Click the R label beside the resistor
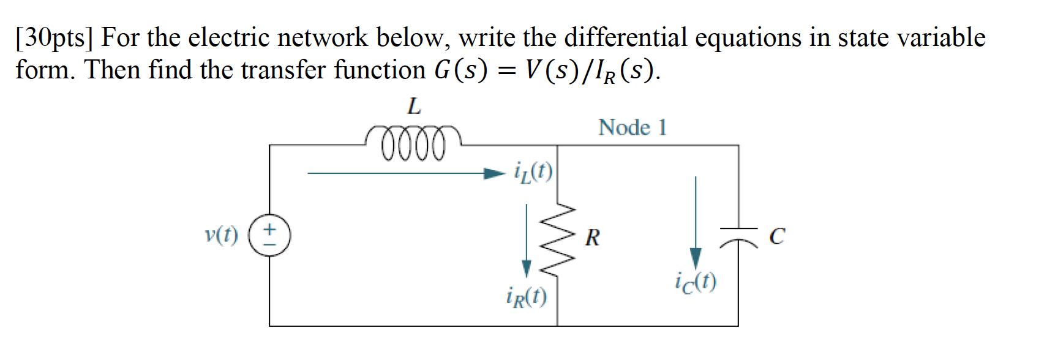[592, 238]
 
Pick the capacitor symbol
[738, 236]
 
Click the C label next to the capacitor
[776, 236]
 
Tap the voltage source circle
[269, 235]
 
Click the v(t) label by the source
[221, 234]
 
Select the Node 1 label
[632, 127]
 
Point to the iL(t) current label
[533, 173]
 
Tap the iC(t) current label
[696, 282]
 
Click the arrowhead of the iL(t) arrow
[493, 173]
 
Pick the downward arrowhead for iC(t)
[696, 258]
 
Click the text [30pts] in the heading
[54, 38]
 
